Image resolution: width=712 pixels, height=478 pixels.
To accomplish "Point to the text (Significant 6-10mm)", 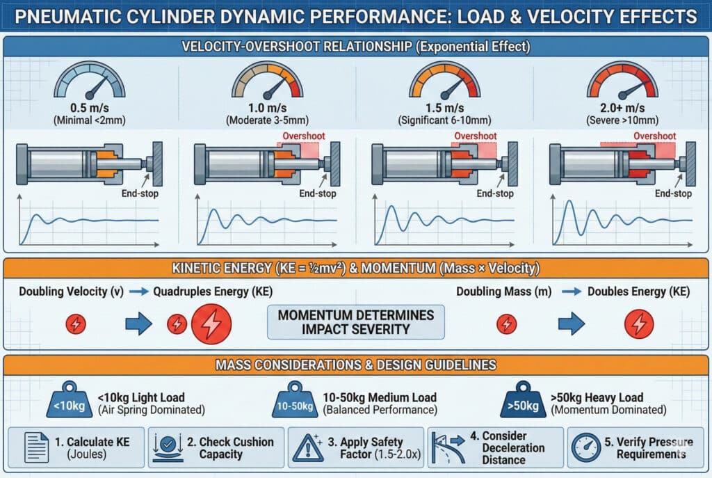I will pyautogui.click(x=446, y=120).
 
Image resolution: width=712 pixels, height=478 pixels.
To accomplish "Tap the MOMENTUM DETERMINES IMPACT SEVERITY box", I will pyautogui.click(x=355, y=322).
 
